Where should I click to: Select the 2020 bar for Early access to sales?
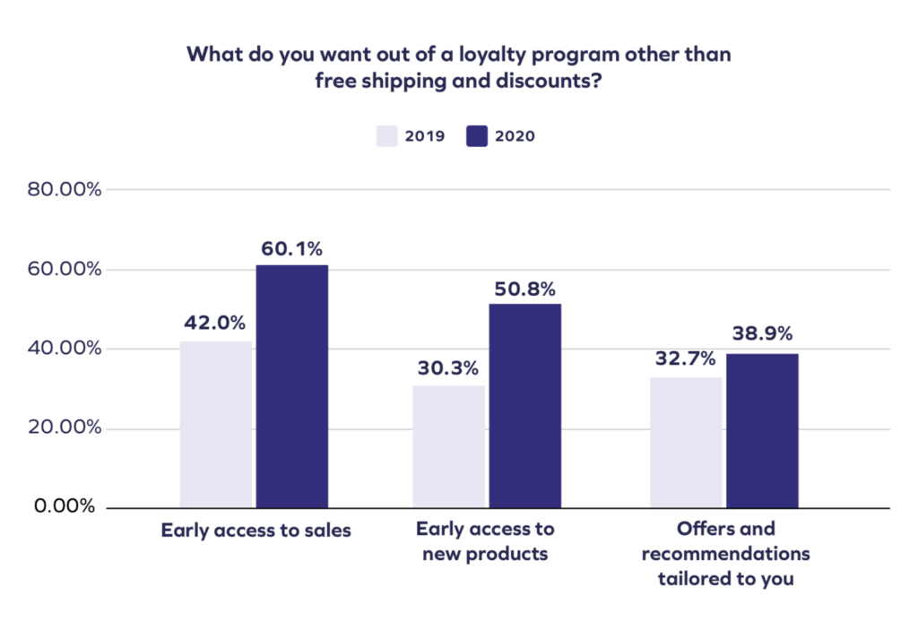coord(292,386)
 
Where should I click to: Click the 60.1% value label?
coord(291,248)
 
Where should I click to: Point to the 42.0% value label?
coord(215,324)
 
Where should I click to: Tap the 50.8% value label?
coord(525,289)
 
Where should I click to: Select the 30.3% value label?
coord(448,368)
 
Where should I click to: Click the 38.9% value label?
coord(762,334)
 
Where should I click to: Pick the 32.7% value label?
coord(685,359)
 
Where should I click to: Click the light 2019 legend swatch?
coord(386,137)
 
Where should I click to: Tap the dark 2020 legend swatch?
coord(477,137)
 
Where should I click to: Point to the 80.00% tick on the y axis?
coord(64,190)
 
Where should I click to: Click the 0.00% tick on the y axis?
coord(65,506)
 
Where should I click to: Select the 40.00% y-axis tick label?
coord(64,349)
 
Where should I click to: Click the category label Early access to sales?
coord(255,531)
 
